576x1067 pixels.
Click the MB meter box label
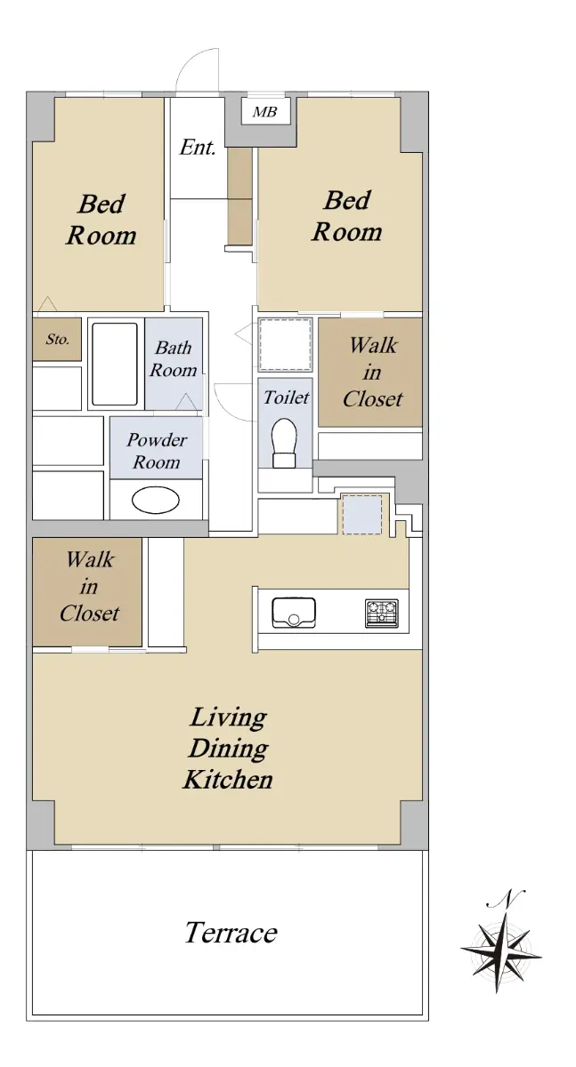point(264,112)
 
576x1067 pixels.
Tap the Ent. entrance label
point(198,148)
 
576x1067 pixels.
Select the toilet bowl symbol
point(284,443)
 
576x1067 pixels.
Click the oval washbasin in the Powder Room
point(156,500)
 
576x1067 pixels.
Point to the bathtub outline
point(115,365)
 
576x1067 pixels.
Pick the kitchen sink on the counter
point(294,613)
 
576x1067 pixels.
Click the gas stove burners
point(381,613)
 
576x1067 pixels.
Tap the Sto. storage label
point(58,339)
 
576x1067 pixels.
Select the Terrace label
point(231,932)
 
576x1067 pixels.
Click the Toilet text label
point(287,397)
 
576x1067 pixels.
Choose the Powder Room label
point(157,451)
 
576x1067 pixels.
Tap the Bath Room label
point(173,358)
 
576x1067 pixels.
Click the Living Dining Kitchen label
point(229,749)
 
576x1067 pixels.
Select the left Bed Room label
point(101,220)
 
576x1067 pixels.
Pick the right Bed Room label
point(347,216)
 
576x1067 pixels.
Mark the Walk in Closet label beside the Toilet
point(373,372)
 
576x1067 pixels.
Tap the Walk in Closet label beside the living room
point(90,586)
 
